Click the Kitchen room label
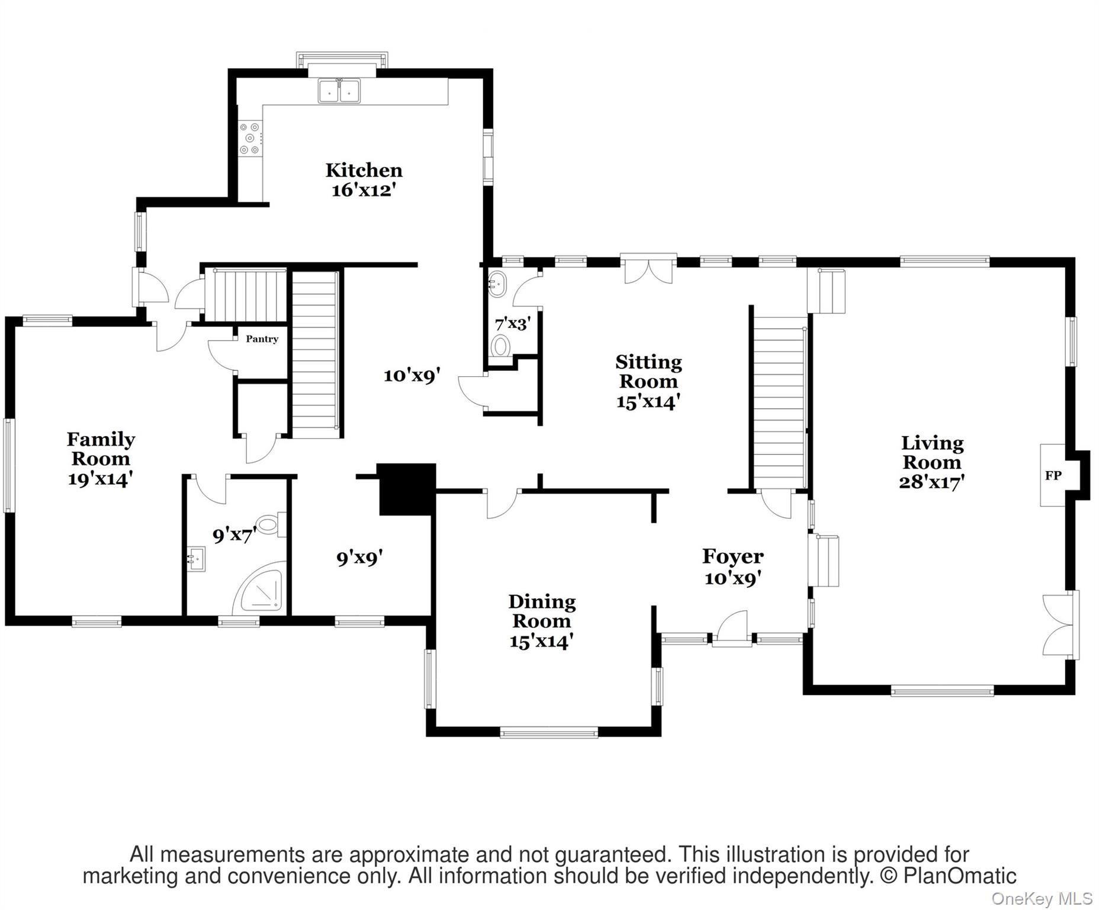tap(364, 171)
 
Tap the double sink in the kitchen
tap(339, 91)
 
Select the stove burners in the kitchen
tap(250, 138)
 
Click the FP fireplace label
tap(1053, 475)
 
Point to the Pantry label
tap(262, 339)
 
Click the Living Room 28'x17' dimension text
tap(932, 482)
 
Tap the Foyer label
tap(733, 556)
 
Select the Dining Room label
tap(542, 611)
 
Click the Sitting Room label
tap(648, 371)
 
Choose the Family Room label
tap(101, 448)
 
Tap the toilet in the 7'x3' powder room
tap(501, 345)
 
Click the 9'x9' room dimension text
tap(359, 557)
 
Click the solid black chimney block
tap(407, 489)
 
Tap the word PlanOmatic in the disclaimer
tap(959, 875)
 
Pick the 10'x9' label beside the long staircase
tap(412, 375)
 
